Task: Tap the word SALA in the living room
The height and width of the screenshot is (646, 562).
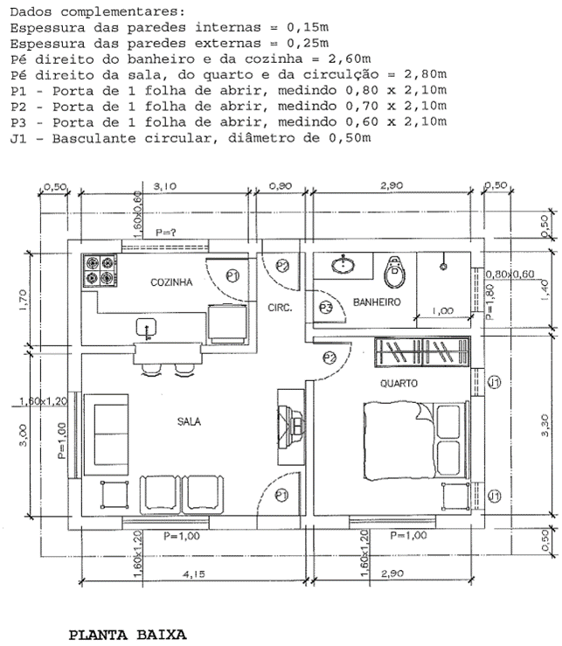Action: pyautogui.click(x=190, y=420)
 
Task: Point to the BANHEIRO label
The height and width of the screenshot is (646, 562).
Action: pyautogui.click(x=376, y=302)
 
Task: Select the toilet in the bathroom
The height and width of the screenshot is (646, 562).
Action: pyautogui.click(x=395, y=271)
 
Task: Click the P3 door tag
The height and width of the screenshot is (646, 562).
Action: pyautogui.click(x=325, y=308)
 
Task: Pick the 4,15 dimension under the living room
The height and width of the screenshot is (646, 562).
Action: pyautogui.click(x=189, y=574)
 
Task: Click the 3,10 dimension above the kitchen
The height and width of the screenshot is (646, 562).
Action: pyautogui.click(x=163, y=186)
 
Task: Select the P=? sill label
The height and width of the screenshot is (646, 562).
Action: pyautogui.click(x=166, y=233)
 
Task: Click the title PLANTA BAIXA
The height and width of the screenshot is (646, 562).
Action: pyautogui.click(x=128, y=633)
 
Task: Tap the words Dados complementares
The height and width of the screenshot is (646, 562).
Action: pyautogui.click(x=97, y=11)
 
